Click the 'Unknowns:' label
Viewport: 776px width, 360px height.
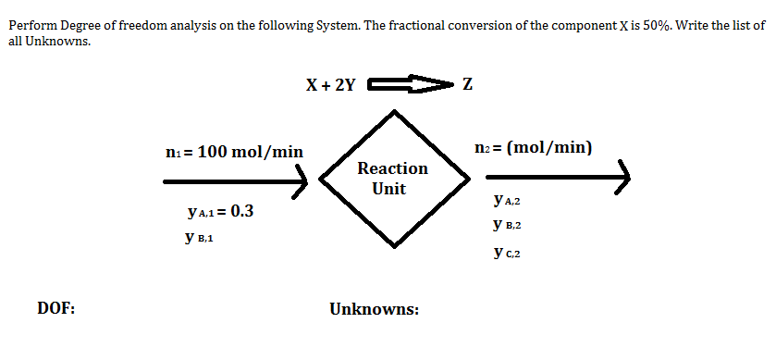click(x=374, y=308)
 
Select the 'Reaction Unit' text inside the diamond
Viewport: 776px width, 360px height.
click(x=392, y=178)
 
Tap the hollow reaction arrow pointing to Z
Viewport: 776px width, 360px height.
click(x=406, y=85)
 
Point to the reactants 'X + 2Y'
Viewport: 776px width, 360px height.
click(x=330, y=85)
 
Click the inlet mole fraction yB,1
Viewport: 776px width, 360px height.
click(x=200, y=238)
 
